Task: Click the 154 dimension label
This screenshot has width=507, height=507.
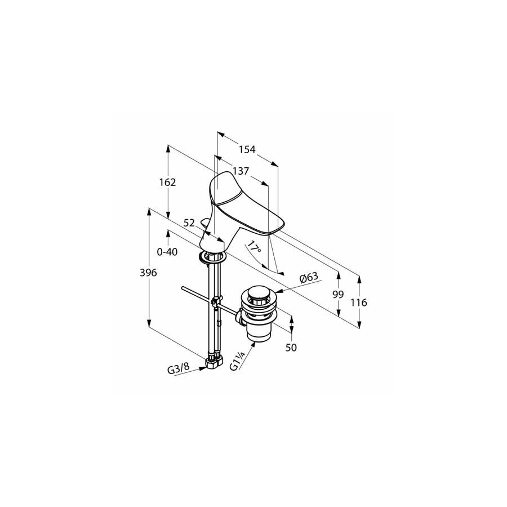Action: tap(247, 149)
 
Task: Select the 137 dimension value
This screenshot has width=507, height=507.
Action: tap(241, 171)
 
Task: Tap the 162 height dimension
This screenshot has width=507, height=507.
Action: tap(167, 183)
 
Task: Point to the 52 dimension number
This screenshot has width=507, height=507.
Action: tap(189, 223)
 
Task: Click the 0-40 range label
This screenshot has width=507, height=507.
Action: tap(167, 252)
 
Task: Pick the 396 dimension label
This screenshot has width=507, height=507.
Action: tap(148, 273)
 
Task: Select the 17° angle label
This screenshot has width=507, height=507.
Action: tap(254, 248)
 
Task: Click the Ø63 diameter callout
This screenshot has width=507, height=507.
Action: tap(309, 277)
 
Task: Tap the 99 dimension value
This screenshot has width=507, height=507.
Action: tap(338, 294)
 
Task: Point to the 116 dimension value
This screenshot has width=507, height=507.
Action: tap(359, 303)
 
